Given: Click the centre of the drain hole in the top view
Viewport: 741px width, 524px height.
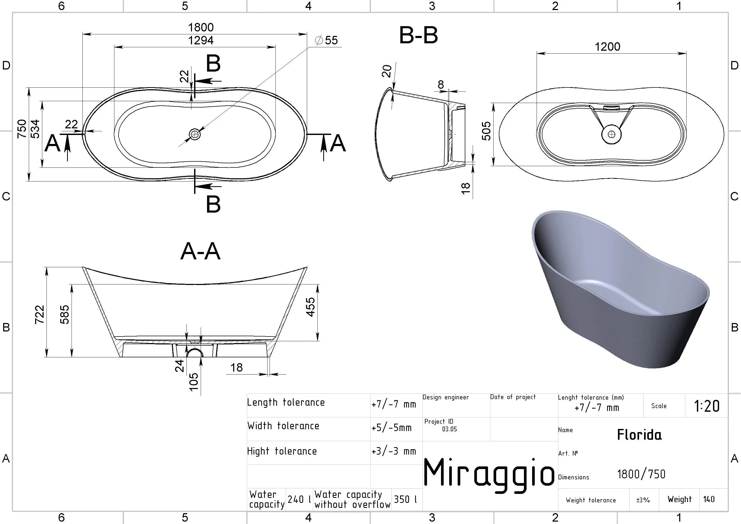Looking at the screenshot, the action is click(x=195, y=134).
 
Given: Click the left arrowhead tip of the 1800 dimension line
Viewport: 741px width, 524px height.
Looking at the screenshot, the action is click(x=83, y=34).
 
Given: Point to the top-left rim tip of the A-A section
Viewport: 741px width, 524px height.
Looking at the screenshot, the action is click(x=83, y=267).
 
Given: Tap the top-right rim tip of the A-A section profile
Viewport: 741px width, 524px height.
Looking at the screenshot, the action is click(x=307, y=267).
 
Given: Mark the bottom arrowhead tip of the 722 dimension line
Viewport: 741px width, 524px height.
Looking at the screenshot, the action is click(x=47, y=357).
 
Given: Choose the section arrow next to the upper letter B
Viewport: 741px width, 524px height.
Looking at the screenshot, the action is click(x=208, y=81).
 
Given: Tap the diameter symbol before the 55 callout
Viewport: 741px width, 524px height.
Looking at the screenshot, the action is click(x=318, y=40).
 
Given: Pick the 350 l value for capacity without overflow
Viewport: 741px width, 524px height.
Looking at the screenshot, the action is click(x=405, y=499).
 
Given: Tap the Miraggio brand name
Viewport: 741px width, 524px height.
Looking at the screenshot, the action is click(x=489, y=473).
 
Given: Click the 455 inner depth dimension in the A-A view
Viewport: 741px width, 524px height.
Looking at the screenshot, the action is click(x=310, y=307).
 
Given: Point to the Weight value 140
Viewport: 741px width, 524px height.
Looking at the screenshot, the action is click(x=709, y=499).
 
